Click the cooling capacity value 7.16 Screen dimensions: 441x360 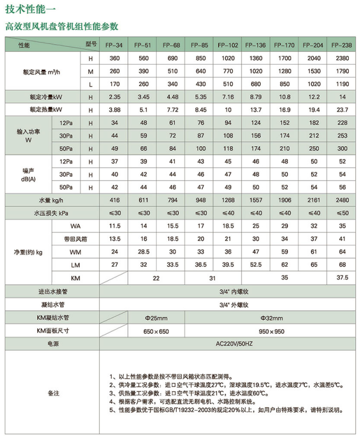click(227, 97)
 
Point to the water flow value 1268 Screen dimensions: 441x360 click(227, 201)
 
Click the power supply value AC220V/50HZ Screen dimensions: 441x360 click(227, 344)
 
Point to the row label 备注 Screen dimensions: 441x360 click(52, 393)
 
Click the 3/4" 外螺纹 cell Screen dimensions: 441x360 click(227, 305)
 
